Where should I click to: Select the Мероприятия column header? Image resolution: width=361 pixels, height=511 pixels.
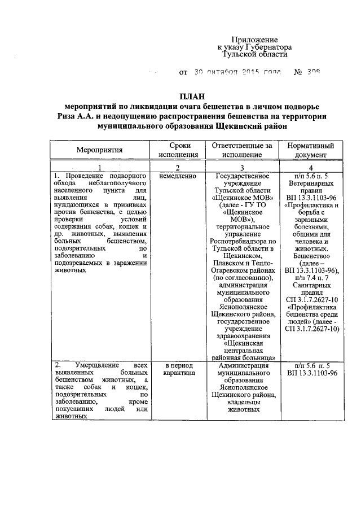tap(99, 150)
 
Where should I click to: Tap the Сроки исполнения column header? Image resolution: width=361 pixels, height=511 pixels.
tap(178, 150)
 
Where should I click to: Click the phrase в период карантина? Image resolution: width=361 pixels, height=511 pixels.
tap(178, 369)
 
